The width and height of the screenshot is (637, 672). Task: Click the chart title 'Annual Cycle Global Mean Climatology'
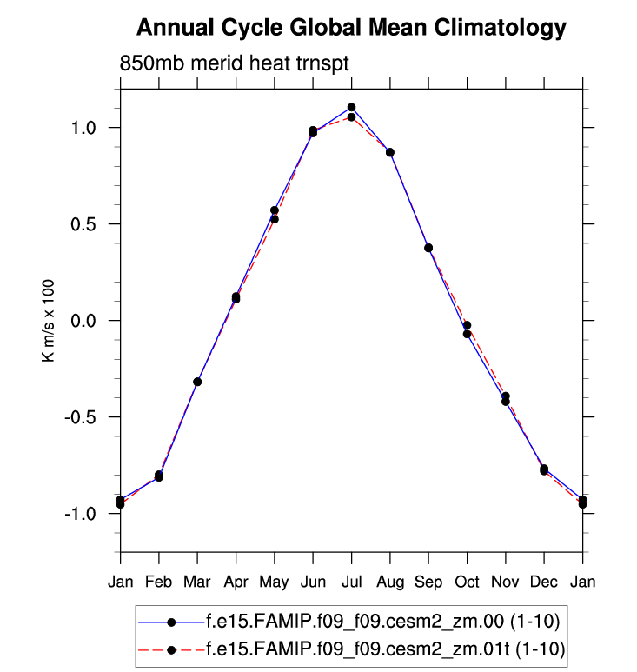pyautogui.click(x=351, y=29)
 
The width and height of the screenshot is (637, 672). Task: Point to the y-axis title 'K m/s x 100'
pyautogui.click(x=50, y=320)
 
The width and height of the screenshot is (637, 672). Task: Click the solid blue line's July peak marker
pyautogui.click(x=351, y=108)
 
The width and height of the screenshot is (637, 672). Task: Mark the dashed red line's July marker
pyautogui.click(x=351, y=117)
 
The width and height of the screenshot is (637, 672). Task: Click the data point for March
pyautogui.click(x=197, y=382)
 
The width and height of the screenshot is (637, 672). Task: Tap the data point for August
pyautogui.click(x=390, y=152)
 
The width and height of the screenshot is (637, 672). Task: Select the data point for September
pyautogui.click(x=428, y=248)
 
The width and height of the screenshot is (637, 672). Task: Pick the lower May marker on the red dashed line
pyautogui.click(x=275, y=219)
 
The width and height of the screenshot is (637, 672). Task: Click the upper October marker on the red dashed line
pyautogui.click(x=467, y=325)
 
